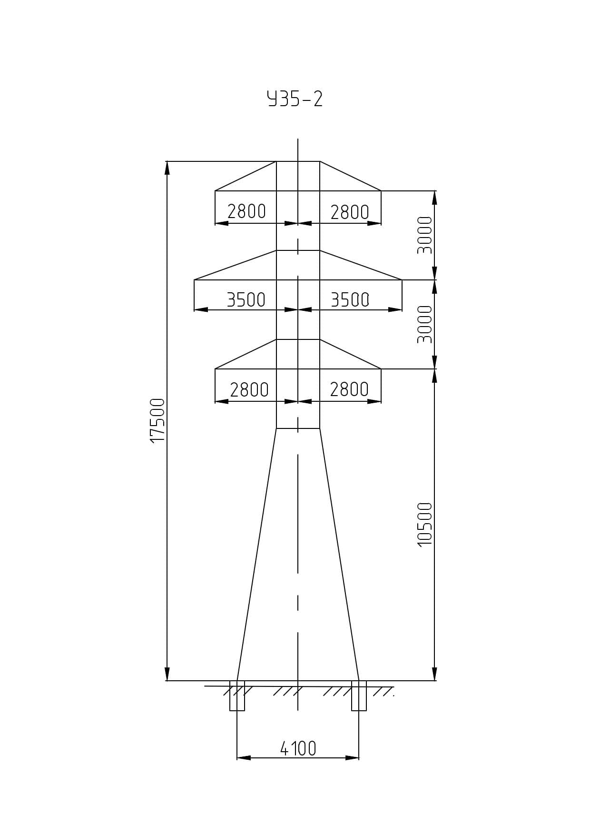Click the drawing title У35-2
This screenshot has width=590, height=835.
click(295, 99)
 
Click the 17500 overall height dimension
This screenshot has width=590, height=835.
click(157, 420)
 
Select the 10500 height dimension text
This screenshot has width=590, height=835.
click(425, 524)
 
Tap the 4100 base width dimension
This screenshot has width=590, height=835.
click(298, 748)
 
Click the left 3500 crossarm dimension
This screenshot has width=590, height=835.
click(246, 300)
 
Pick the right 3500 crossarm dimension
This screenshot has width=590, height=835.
click(350, 300)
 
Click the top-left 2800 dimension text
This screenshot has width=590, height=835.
click(246, 211)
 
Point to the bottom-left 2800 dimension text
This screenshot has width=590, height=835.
click(249, 390)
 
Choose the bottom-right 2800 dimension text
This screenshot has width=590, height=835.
click(349, 389)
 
